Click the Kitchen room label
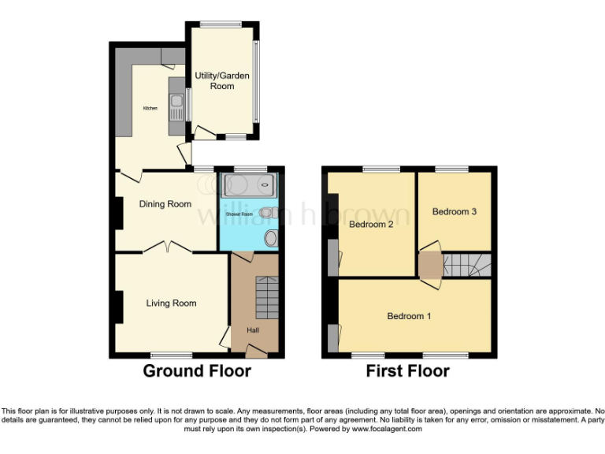[150, 108]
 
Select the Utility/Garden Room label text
[222, 80]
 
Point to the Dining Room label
[165, 204]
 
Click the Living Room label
[171, 303]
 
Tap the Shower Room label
[239, 214]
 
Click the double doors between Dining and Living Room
[167, 247]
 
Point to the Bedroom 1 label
[409, 316]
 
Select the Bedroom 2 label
[371, 224]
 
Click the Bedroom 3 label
[454, 212]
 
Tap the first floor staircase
[467, 265]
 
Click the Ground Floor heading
[196, 371]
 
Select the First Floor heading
[407, 371]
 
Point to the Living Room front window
[172, 355]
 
